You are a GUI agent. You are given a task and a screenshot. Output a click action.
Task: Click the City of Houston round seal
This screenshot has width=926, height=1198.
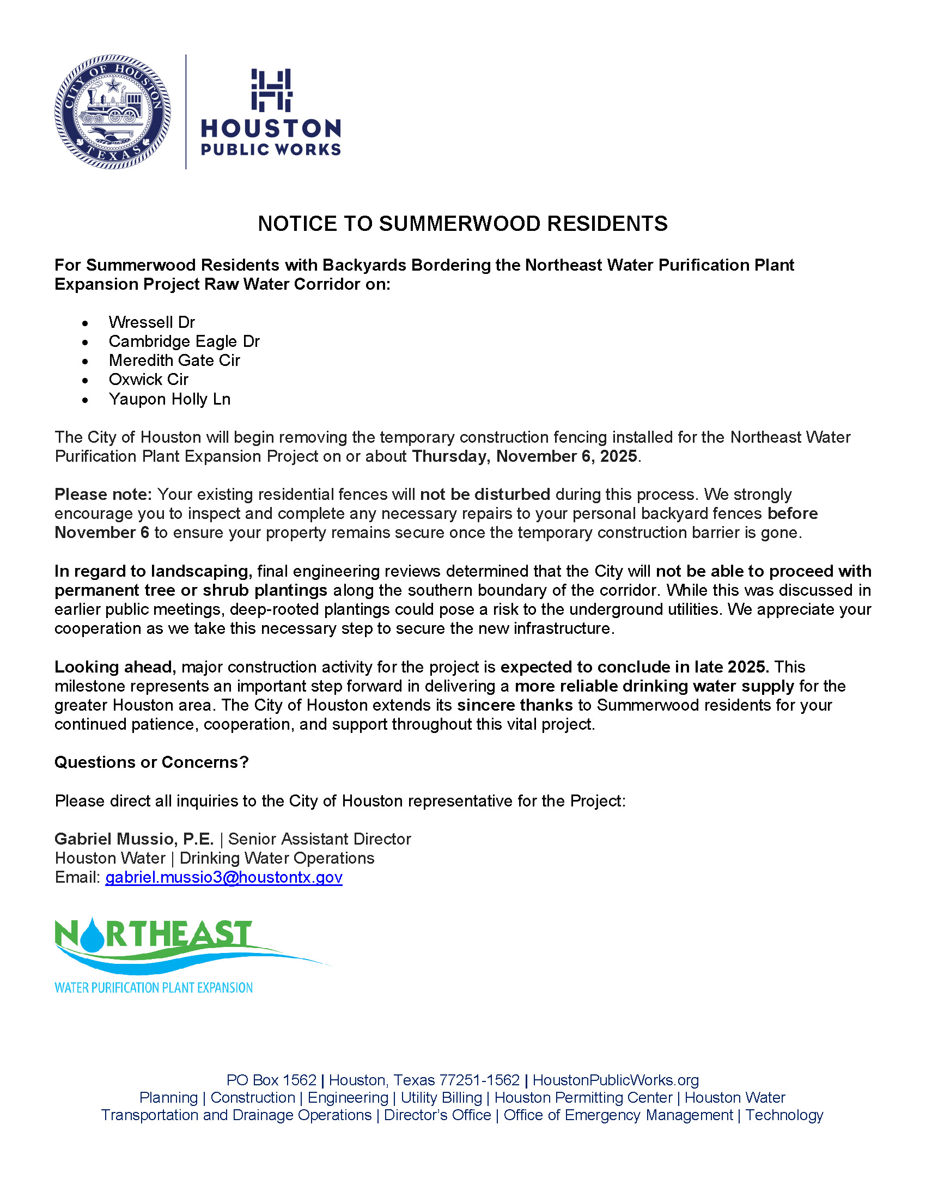click(x=112, y=112)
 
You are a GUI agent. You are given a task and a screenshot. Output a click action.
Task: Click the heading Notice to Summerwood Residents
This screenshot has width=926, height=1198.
click(x=462, y=224)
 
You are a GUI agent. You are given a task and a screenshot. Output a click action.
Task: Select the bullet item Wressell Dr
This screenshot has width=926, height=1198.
click(x=151, y=322)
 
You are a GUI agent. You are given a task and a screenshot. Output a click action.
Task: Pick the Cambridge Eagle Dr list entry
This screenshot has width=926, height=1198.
click(x=184, y=341)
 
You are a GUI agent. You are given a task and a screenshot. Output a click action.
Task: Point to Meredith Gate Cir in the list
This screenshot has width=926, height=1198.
click(x=174, y=360)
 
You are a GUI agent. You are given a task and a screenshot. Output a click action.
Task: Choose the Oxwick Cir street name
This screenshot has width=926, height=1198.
click(x=148, y=380)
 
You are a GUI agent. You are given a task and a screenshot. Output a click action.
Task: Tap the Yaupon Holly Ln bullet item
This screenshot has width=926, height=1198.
click(x=169, y=399)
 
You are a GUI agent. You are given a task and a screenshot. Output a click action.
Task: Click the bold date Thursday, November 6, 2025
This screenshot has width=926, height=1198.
click(x=525, y=456)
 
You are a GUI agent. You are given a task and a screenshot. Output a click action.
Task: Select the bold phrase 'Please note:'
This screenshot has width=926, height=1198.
click(x=103, y=494)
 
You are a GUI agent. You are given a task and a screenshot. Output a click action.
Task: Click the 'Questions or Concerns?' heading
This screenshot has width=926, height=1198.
click(x=151, y=762)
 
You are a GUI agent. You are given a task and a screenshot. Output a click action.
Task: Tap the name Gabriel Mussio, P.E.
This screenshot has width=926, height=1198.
click(x=134, y=839)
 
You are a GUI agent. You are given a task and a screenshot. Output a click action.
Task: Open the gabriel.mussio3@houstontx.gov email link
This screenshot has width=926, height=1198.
click(x=224, y=877)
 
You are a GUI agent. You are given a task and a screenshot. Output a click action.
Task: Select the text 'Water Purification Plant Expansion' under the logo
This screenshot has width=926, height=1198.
click(x=154, y=988)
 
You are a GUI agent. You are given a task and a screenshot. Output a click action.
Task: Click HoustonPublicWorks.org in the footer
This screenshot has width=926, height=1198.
click(x=616, y=1080)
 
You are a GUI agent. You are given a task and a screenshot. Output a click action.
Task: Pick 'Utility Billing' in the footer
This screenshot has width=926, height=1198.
click(x=441, y=1098)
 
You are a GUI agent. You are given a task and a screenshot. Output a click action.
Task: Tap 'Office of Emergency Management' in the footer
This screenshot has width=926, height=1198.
click(x=618, y=1115)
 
